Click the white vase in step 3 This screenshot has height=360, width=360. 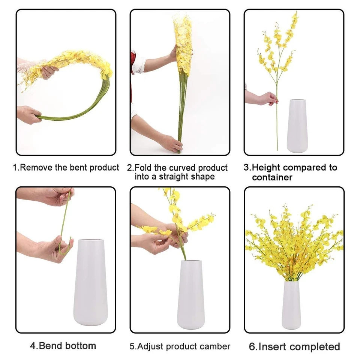(x=297, y=126)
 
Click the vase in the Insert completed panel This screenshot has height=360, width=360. (x=291, y=305)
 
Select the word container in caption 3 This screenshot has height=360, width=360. (x=272, y=177)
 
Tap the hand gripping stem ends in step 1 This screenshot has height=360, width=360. (x=29, y=115)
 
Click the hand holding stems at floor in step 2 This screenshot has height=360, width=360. (x=171, y=143)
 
